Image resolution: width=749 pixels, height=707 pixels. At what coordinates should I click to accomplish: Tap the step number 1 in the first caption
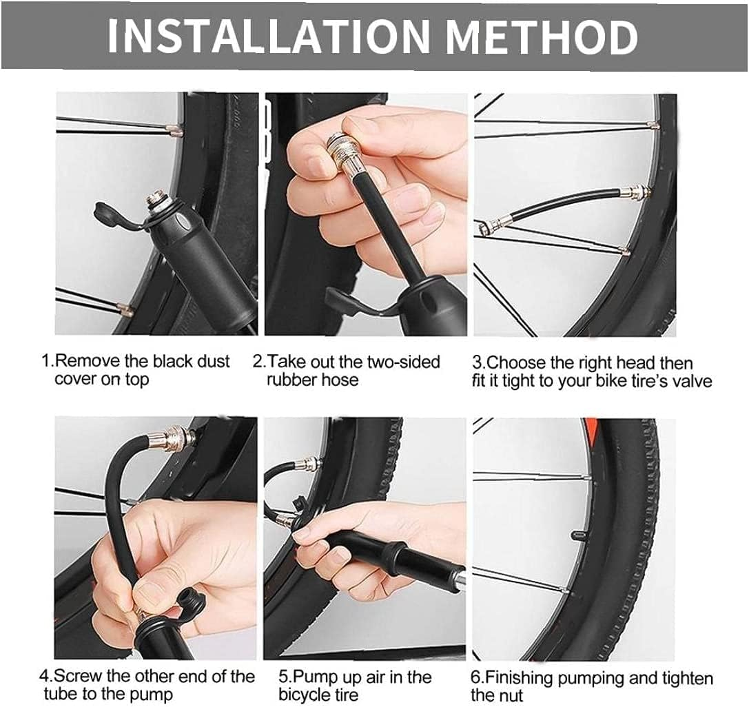click(45, 361)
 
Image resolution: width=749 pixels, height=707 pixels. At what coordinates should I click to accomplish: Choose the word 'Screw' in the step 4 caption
click(81, 676)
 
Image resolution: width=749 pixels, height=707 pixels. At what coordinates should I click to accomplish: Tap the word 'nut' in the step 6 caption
click(510, 695)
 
